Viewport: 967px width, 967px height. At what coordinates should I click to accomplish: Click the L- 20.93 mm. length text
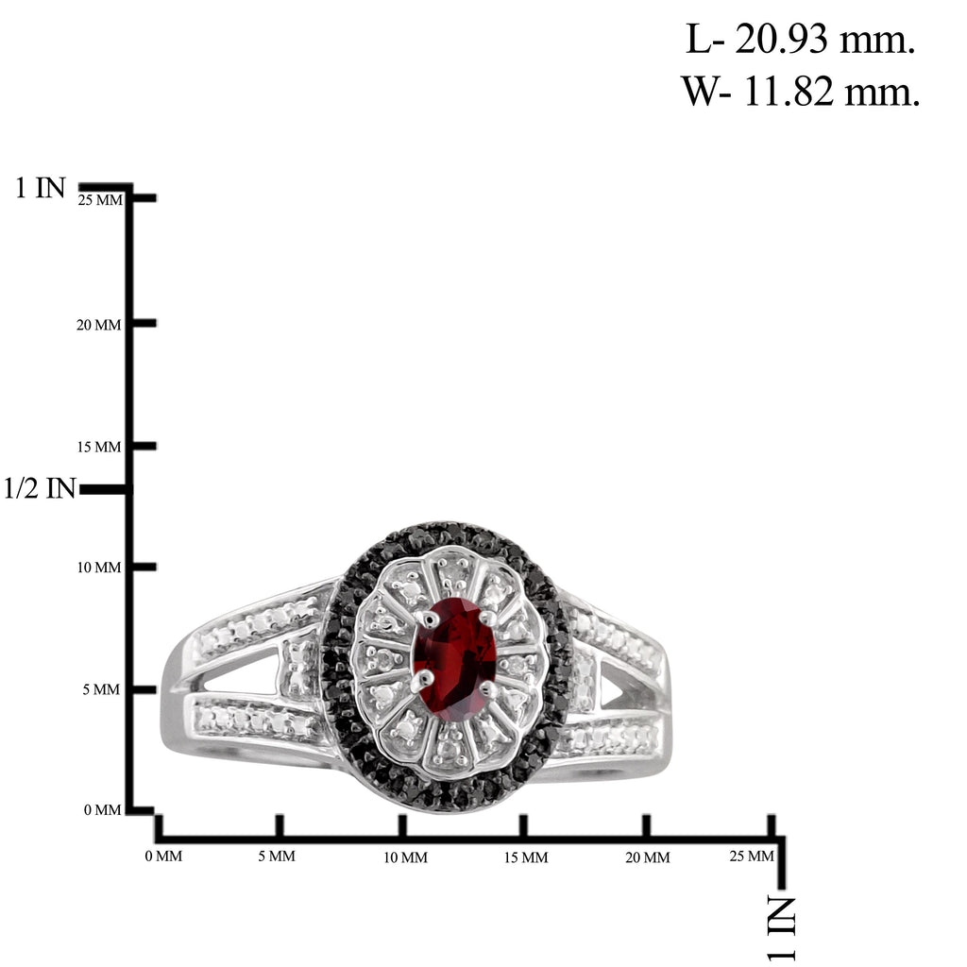801,40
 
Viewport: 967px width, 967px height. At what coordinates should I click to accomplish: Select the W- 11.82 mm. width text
801,92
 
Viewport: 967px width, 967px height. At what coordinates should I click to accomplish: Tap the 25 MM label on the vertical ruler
100,200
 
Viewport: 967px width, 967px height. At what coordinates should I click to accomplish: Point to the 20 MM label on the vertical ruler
98,325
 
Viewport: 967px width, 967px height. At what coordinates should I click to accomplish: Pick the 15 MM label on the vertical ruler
98,447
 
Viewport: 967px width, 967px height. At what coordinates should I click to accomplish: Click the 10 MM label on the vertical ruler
98,568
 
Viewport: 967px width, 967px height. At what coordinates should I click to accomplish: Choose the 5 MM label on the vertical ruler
101,689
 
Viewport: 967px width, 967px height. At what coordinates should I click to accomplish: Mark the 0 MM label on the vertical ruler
102,809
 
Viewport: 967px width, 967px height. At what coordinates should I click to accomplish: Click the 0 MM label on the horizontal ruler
163,856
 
